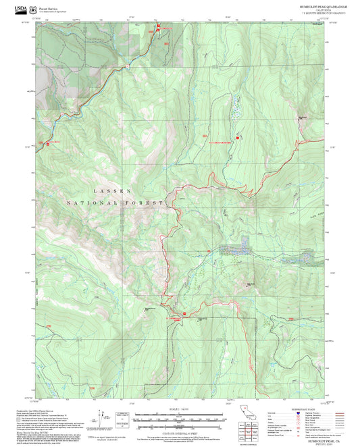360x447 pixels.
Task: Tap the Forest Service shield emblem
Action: (32, 9)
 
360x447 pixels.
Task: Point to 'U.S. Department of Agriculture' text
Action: (53, 11)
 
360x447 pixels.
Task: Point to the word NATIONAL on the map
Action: (84, 203)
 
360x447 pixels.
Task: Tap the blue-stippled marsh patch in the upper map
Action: (236, 108)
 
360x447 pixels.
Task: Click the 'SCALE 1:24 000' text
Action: (180, 411)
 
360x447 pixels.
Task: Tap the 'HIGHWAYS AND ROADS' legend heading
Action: (304, 410)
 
